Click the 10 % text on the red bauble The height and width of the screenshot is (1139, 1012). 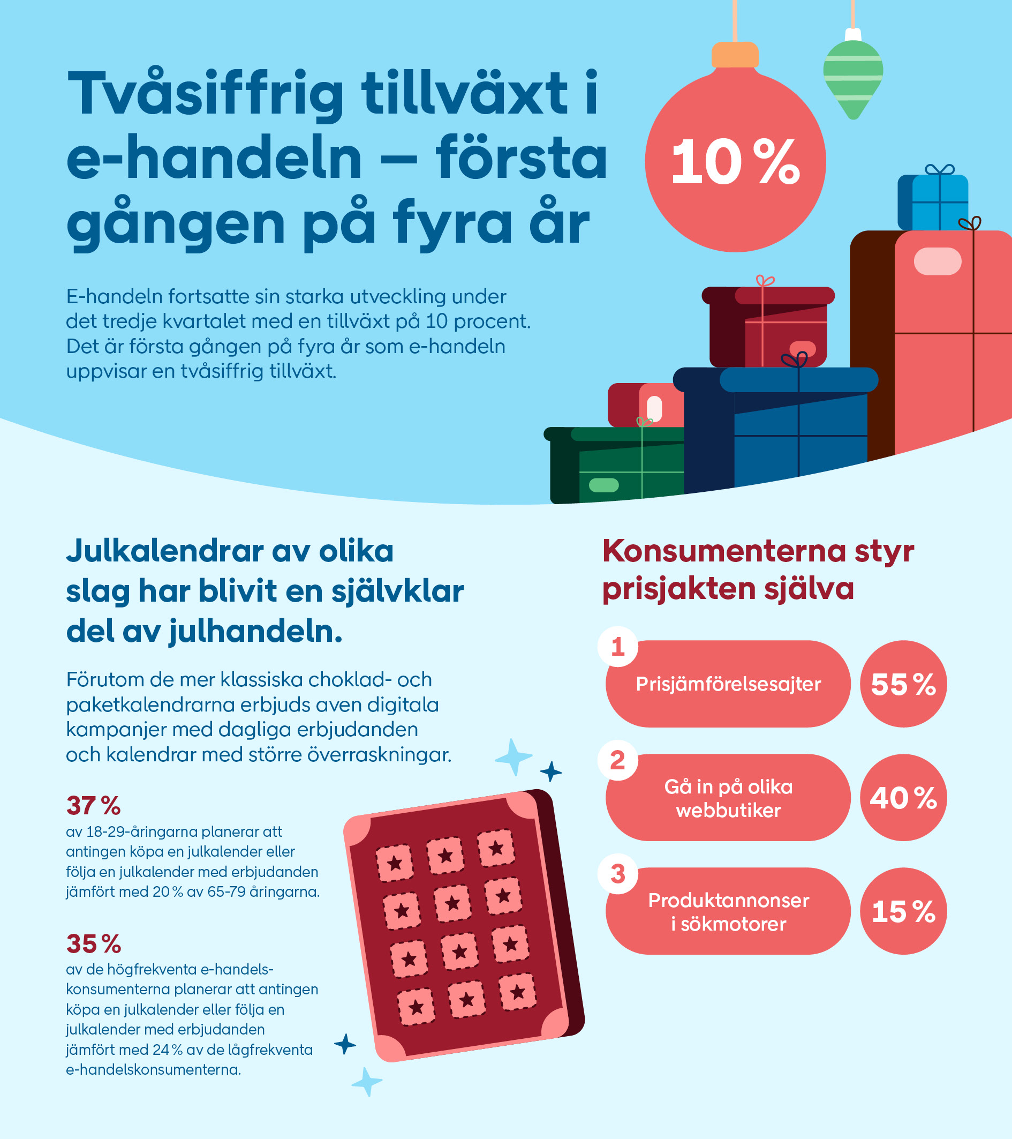735,162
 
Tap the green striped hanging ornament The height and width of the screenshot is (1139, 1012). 853,78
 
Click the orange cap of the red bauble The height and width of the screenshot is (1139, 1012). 735,55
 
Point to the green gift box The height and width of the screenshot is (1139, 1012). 618,465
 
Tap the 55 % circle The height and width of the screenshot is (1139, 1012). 903,684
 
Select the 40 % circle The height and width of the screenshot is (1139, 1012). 903,797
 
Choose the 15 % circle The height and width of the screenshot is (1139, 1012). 903,911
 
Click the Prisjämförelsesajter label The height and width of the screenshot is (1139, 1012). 728,684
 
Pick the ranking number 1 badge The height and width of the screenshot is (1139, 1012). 618,647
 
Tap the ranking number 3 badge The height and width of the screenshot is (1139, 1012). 618,874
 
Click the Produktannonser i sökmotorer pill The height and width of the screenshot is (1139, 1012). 728,912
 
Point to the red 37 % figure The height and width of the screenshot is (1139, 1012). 94,805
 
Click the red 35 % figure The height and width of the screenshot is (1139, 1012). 94,944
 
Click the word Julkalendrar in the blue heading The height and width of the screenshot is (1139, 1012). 165,551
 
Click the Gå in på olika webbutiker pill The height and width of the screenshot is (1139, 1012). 728,798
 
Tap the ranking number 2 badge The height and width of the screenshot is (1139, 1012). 618,760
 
